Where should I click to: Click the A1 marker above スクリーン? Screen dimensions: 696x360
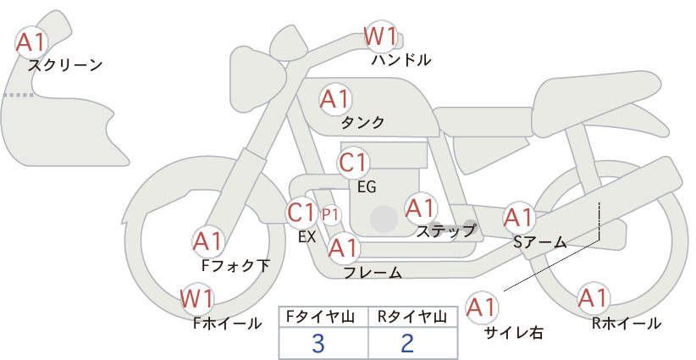[x=31, y=42]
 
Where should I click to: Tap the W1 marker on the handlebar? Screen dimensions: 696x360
[x=380, y=36]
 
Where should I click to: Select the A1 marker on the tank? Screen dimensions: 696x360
[x=335, y=99]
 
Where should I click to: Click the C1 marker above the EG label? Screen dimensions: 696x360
[x=353, y=163]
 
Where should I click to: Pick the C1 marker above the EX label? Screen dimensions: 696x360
[x=301, y=213]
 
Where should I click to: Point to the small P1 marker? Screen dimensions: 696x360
[x=330, y=215]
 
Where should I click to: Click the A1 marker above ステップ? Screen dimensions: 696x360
[x=421, y=208]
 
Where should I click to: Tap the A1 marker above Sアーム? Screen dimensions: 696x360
[x=518, y=218]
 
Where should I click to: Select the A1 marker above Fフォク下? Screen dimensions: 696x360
[x=207, y=241]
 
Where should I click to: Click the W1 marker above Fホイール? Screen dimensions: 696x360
[x=197, y=299]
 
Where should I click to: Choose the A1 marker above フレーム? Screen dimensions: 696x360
[x=344, y=247]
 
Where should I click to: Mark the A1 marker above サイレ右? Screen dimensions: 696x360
[x=482, y=307]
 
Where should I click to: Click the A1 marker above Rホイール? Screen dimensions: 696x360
[x=593, y=298]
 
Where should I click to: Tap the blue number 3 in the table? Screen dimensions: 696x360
[x=318, y=343]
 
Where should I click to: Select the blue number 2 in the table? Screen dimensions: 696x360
[x=407, y=343]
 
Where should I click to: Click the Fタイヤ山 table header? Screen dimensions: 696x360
[x=320, y=317]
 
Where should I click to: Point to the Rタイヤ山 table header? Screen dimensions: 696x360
[x=412, y=317]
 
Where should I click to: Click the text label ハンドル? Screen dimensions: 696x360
[x=401, y=59]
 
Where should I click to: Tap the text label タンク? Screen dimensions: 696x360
[x=362, y=122]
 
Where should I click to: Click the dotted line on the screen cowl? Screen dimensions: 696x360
[x=19, y=95]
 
